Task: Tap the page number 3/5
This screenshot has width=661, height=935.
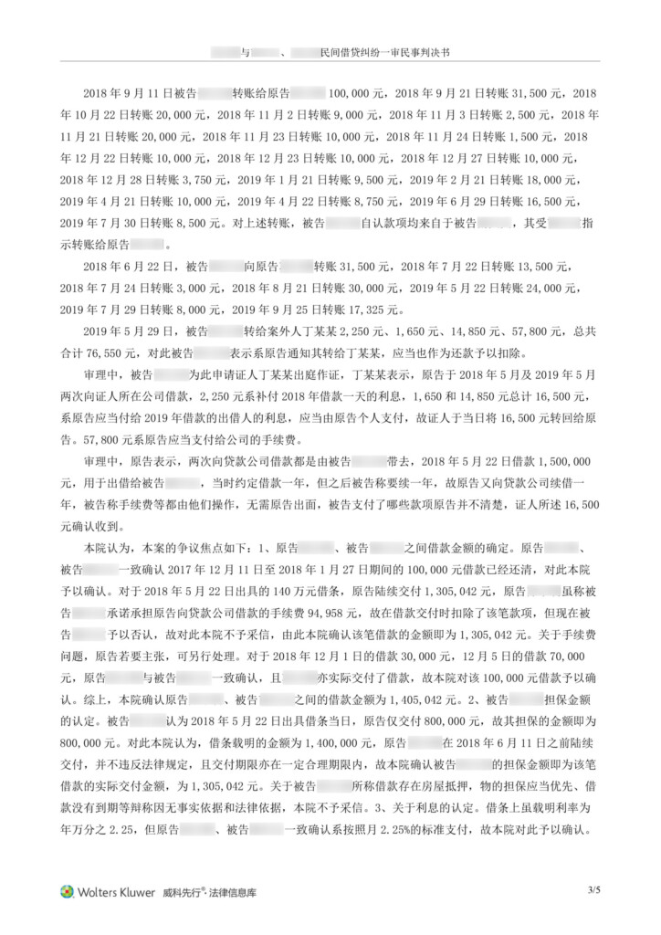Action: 594,888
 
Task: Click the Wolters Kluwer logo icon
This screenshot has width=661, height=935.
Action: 66,891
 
